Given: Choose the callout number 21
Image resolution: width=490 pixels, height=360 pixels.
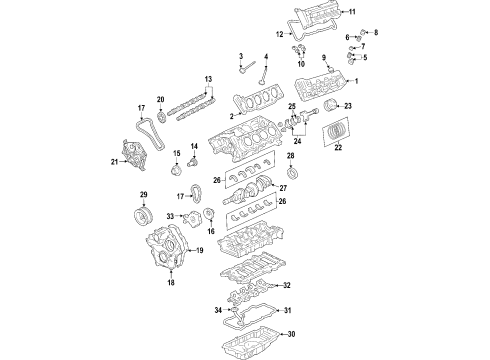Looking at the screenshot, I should point(114,162).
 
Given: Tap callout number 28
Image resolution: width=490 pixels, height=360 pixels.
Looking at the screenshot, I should point(290,157).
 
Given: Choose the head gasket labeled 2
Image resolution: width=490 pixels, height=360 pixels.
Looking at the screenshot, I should point(262,102).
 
